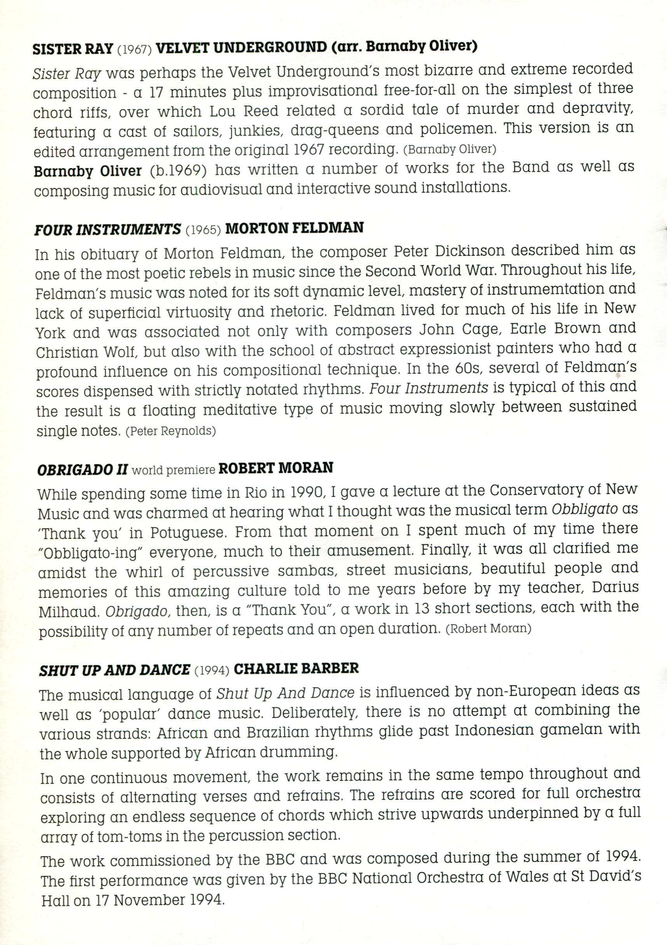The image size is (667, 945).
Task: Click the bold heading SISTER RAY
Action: [x=73, y=49]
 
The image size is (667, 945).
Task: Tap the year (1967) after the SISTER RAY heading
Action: [x=135, y=50]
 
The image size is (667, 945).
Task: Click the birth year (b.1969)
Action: [x=178, y=170]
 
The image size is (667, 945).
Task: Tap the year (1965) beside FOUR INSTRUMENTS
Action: [x=203, y=229]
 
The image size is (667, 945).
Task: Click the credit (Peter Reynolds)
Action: [x=170, y=431]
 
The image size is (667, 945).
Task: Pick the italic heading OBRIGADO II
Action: [x=83, y=470]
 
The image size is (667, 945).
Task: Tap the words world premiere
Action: [x=174, y=470]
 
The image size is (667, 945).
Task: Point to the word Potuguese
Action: [x=188, y=533]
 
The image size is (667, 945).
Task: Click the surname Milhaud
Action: [x=69, y=612]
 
